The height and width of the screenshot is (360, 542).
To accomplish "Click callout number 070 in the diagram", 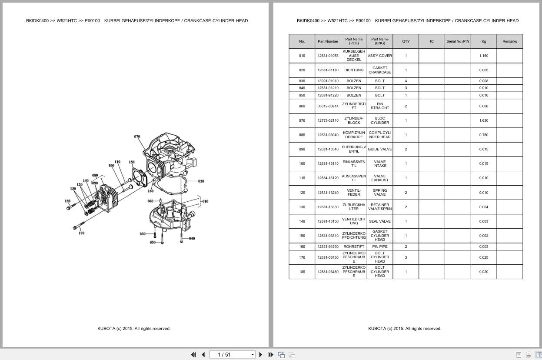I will (137, 137).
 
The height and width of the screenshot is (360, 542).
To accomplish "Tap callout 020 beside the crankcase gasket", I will (201, 181).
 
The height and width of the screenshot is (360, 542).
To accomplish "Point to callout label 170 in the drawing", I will (81, 233).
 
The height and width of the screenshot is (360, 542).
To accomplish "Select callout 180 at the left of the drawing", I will (67, 201).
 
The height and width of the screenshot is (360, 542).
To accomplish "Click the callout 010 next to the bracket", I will (205, 201).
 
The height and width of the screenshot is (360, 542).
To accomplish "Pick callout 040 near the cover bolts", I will (192, 238).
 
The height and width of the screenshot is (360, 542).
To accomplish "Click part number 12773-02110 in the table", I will (328, 120).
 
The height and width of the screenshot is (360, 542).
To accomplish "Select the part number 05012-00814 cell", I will (328, 106).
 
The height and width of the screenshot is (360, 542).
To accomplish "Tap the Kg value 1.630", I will (483, 120).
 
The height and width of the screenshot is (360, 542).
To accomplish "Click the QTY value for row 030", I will (406, 81).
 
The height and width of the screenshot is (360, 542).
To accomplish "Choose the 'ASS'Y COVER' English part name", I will (379, 56).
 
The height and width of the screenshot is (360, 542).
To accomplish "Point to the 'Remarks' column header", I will (509, 41).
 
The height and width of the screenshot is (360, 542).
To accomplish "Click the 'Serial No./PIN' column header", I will (458, 41).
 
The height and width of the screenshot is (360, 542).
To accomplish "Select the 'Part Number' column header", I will (328, 41).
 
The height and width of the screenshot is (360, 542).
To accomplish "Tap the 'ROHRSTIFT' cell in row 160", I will (354, 247).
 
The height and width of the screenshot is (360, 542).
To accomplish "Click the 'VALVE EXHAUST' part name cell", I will (379, 178).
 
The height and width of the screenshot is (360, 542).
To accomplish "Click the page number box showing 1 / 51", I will (232, 354).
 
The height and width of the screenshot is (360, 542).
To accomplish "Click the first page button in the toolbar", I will (193, 354).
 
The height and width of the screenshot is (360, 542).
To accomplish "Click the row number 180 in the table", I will (302, 272).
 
